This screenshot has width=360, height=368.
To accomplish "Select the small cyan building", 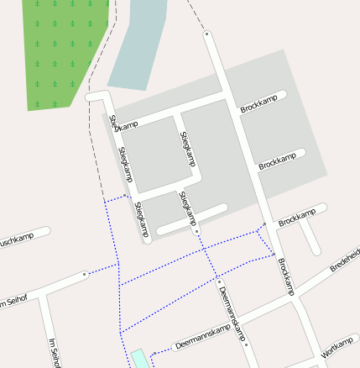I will (x=138, y=359).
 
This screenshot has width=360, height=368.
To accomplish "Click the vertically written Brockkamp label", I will (x=286, y=276).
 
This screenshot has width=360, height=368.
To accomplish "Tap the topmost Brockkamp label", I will (x=258, y=106).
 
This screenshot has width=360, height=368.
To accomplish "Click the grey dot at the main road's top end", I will (x=206, y=34).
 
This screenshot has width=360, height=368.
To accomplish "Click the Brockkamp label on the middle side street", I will (x=277, y=160).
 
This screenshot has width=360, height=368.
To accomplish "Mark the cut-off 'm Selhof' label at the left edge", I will (x=15, y=299).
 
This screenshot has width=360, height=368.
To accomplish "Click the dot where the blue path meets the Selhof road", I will (x=85, y=274).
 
